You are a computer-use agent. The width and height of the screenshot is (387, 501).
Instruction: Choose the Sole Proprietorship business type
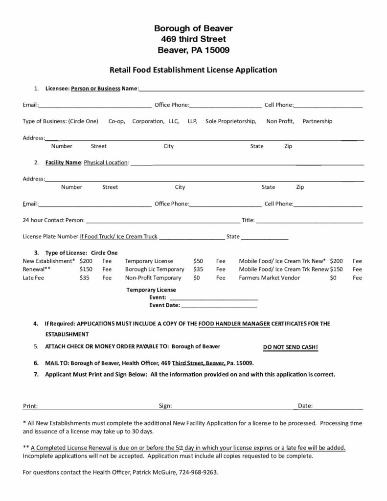(x=230, y=121)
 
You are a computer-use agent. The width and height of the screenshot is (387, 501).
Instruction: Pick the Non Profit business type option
(x=280, y=121)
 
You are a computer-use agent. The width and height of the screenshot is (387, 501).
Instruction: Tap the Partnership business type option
(x=317, y=121)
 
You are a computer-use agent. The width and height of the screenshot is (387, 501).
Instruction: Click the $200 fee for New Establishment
(x=86, y=261)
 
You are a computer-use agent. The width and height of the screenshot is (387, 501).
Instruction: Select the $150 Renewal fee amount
(x=86, y=269)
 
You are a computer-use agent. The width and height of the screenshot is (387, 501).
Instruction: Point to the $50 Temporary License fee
(x=198, y=261)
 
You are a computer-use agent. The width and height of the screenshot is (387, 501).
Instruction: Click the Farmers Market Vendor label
(x=269, y=277)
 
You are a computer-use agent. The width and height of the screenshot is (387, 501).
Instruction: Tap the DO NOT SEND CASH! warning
(x=291, y=347)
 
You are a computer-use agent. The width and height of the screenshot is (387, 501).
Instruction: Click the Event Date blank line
(x=219, y=307)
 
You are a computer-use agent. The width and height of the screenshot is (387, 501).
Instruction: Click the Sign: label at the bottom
(x=165, y=406)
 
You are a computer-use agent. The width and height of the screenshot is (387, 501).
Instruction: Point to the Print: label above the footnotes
(x=30, y=406)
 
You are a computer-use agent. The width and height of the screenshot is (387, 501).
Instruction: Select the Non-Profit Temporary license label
(x=153, y=277)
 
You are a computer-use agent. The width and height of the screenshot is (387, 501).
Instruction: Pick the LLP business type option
(x=192, y=121)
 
